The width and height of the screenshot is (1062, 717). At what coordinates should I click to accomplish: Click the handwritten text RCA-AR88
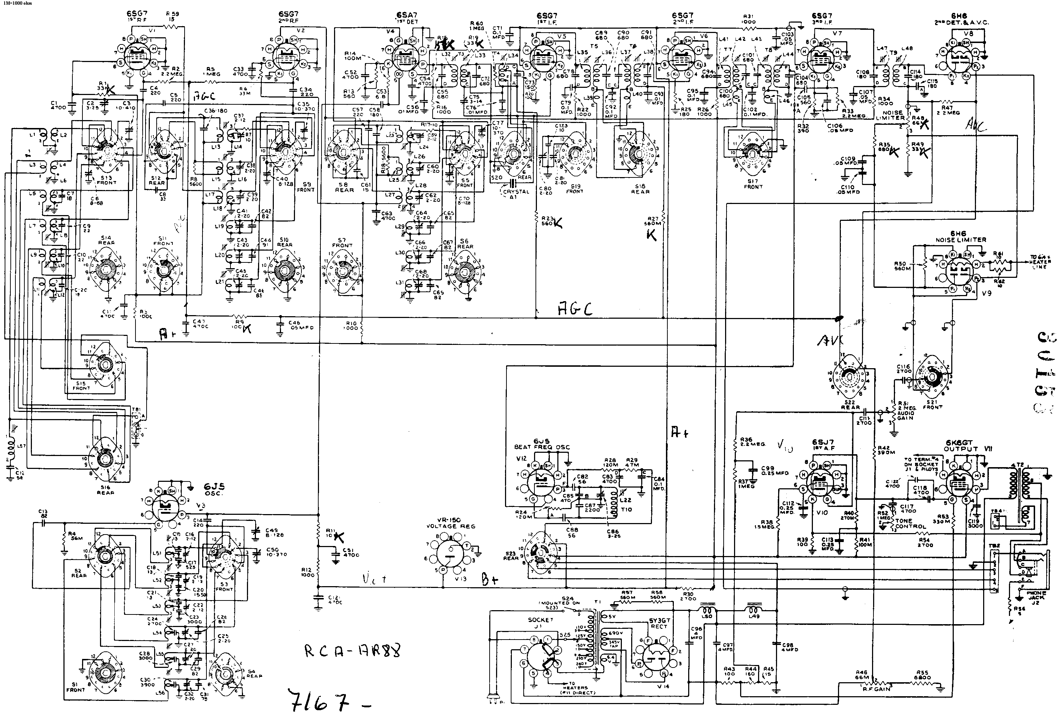(352, 651)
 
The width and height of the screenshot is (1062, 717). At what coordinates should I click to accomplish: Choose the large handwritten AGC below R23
(575, 309)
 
